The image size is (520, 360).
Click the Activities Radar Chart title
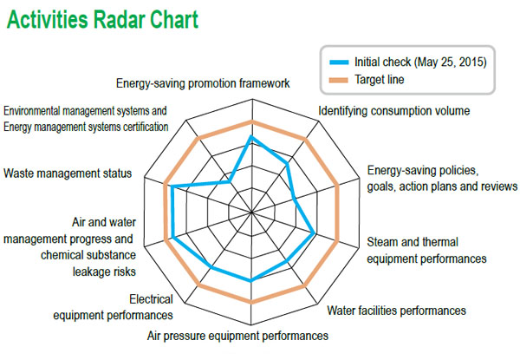click(102, 20)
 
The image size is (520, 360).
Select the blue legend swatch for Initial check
click(339, 62)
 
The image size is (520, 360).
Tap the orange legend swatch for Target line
click(339, 80)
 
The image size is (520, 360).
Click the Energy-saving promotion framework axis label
click(203, 83)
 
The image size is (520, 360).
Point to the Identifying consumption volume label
click(394, 111)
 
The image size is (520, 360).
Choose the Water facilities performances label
click(396, 311)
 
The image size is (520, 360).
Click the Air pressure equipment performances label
click(237, 336)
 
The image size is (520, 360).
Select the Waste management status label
click(68, 173)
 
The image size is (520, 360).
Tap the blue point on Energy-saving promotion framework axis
click(251, 137)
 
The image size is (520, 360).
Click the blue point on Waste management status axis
click(172, 187)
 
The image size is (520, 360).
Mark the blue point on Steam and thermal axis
click(314, 233)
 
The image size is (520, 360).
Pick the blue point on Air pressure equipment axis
click(251, 280)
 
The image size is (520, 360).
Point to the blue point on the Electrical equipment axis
click(211, 267)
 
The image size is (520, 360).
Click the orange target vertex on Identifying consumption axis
click(306, 140)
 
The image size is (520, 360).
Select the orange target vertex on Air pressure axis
click(251, 302)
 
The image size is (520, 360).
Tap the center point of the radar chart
click(251, 212)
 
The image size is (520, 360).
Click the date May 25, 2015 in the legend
click(452, 62)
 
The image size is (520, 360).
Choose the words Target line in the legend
click(380, 80)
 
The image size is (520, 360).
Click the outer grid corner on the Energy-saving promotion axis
click(252, 99)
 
